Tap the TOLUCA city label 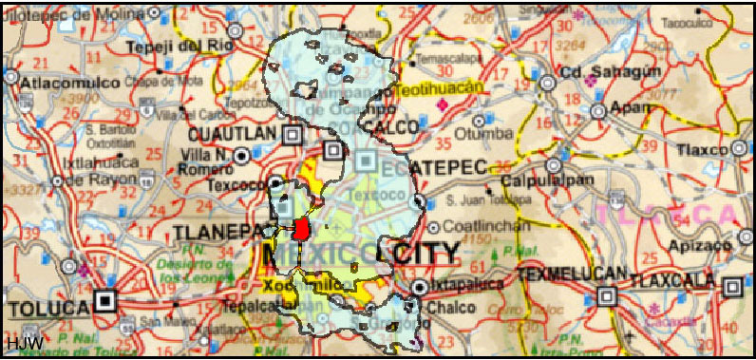tap(47, 306)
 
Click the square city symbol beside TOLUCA tap(105, 304)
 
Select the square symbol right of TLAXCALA tap(732, 288)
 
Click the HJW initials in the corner tap(20, 341)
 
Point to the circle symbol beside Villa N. tap(242, 154)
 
